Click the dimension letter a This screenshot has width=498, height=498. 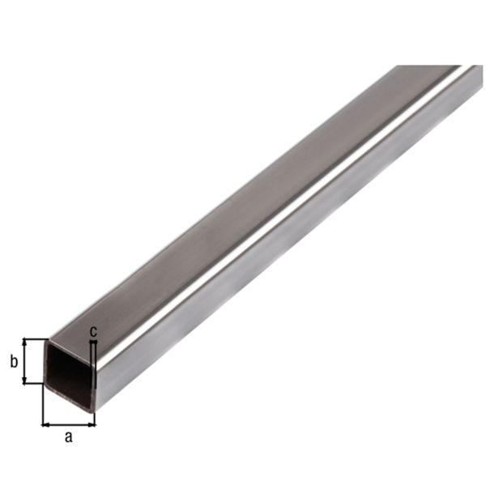[69, 438]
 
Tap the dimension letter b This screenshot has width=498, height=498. [14, 362]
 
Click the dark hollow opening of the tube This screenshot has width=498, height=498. [70, 371]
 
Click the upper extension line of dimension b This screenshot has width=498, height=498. [36, 338]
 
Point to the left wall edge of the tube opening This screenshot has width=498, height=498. [45, 368]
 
